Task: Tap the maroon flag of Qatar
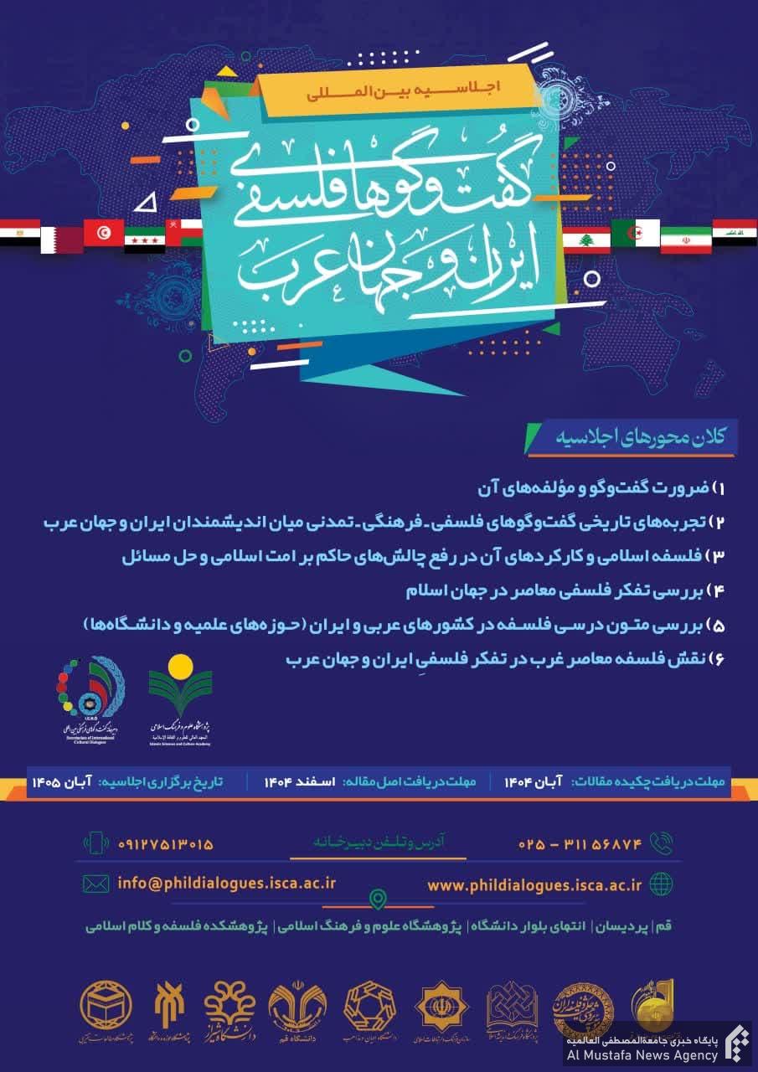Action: point(62,239)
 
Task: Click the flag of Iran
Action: point(686,239)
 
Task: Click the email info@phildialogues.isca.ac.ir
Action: point(227,883)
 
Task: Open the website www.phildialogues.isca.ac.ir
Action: point(534,884)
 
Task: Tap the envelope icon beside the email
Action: point(96,883)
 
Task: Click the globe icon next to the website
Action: point(662,884)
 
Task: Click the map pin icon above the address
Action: point(379,899)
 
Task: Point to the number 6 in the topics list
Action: point(718,661)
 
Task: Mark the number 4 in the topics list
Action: point(718,590)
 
